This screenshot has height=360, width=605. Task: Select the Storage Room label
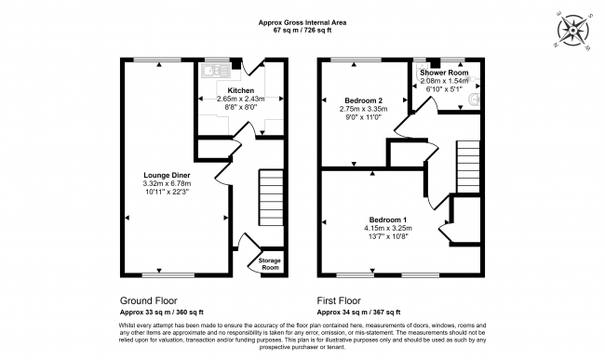[269, 264]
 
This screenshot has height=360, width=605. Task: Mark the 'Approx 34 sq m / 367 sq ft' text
[358, 312]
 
